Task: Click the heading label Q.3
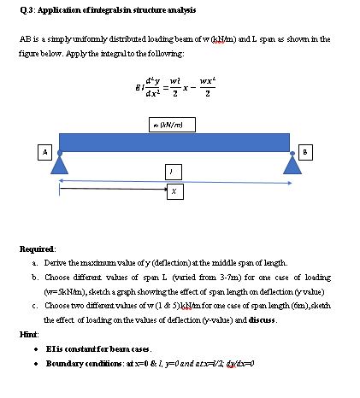tap(13, 10)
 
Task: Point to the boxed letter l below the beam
tap(174, 173)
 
